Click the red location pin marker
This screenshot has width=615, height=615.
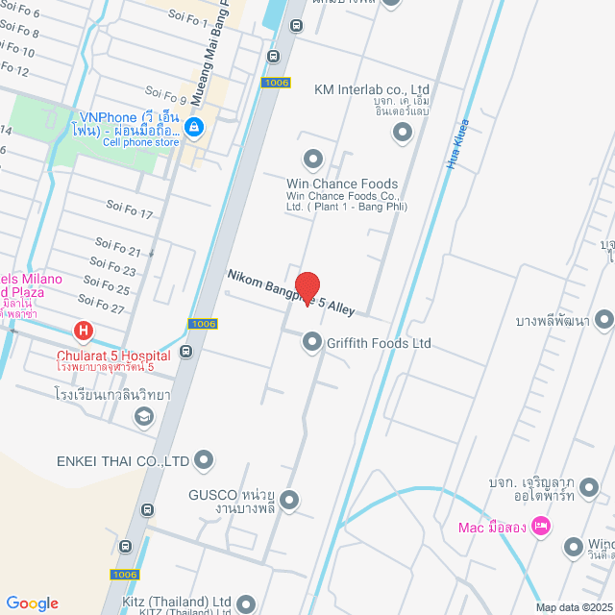pos(307,287)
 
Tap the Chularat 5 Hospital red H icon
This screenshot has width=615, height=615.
pos(84,332)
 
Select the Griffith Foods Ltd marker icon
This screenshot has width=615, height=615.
pos(312,341)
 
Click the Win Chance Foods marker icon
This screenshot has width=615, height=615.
pos(313,159)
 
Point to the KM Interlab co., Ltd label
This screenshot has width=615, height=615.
pos(372,89)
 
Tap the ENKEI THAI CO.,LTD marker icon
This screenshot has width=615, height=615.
pos(204,461)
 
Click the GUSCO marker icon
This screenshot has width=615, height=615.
pos(289,500)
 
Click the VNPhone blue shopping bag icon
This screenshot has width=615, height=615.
pos(193,126)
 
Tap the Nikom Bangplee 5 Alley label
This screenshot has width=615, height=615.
pos(291,292)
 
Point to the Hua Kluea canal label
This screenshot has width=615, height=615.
pos(456,143)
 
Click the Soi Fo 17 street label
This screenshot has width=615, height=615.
pos(130,209)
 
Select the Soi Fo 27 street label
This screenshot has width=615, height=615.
pos(104,309)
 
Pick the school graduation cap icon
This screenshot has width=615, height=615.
pos(143,416)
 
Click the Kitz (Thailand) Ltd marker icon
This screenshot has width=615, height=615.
pos(247,603)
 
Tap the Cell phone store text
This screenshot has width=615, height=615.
pos(140,142)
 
